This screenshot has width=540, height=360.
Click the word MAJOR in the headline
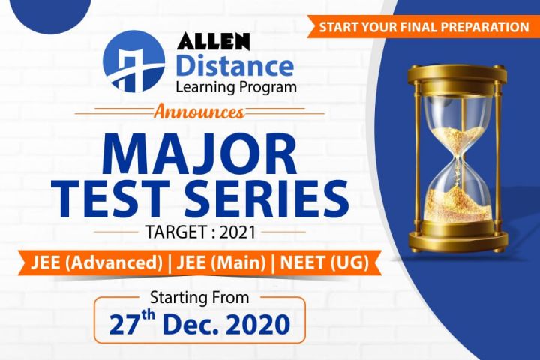[x=199, y=153]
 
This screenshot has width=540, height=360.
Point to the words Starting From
[x=199, y=297]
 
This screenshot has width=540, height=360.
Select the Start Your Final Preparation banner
[x=424, y=27]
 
